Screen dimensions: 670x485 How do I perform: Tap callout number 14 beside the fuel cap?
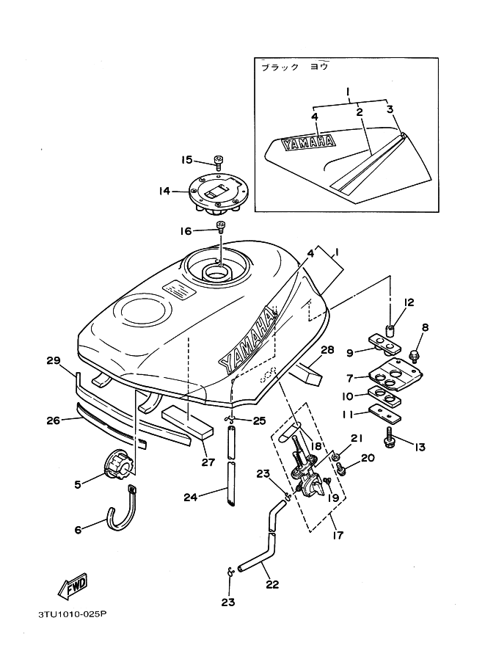click(x=164, y=191)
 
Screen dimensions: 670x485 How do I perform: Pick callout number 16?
click(x=186, y=231)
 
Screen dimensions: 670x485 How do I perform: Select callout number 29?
click(x=52, y=360)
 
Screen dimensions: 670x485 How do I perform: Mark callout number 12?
click(x=409, y=302)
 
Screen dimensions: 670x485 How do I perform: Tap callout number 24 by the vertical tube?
click(x=190, y=496)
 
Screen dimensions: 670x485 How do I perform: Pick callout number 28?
click(x=327, y=350)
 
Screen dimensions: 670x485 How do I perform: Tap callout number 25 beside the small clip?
click(x=258, y=420)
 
